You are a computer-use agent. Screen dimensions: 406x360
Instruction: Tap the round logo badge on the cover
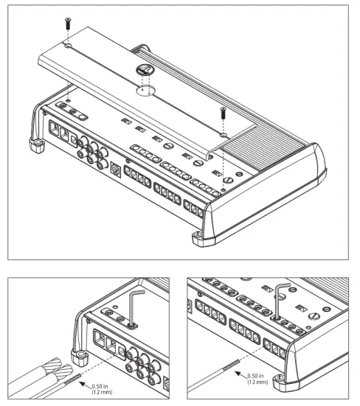pos(145,73)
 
